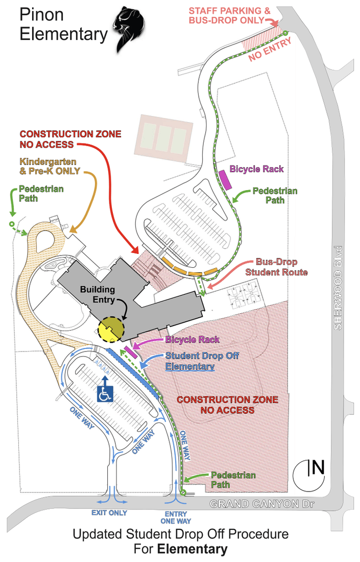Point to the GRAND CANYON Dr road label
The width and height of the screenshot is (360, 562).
pyautogui.click(x=261, y=504)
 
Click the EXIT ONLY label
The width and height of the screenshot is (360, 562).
pyautogui.click(x=109, y=512)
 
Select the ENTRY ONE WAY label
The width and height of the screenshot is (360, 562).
pyautogui.click(x=176, y=517)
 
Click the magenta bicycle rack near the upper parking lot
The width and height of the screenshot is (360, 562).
pyautogui.click(x=224, y=179)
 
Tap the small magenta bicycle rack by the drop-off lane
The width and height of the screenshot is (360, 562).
pyautogui.click(x=130, y=352)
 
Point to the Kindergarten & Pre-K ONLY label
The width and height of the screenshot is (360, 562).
pyautogui.click(x=41, y=167)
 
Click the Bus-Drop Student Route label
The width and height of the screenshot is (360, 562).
pyautogui.click(x=276, y=267)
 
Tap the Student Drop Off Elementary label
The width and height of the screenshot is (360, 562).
pyautogui.click(x=202, y=361)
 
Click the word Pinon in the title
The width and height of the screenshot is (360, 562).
pyautogui.click(x=42, y=14)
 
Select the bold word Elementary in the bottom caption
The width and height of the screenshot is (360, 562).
pyautogui.click(x=192, y=549)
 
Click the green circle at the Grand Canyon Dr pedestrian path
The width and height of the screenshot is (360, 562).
pyautogui.click(x=182, y=493)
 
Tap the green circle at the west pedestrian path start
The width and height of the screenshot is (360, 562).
pyautogui.click(x=12, y=224)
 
